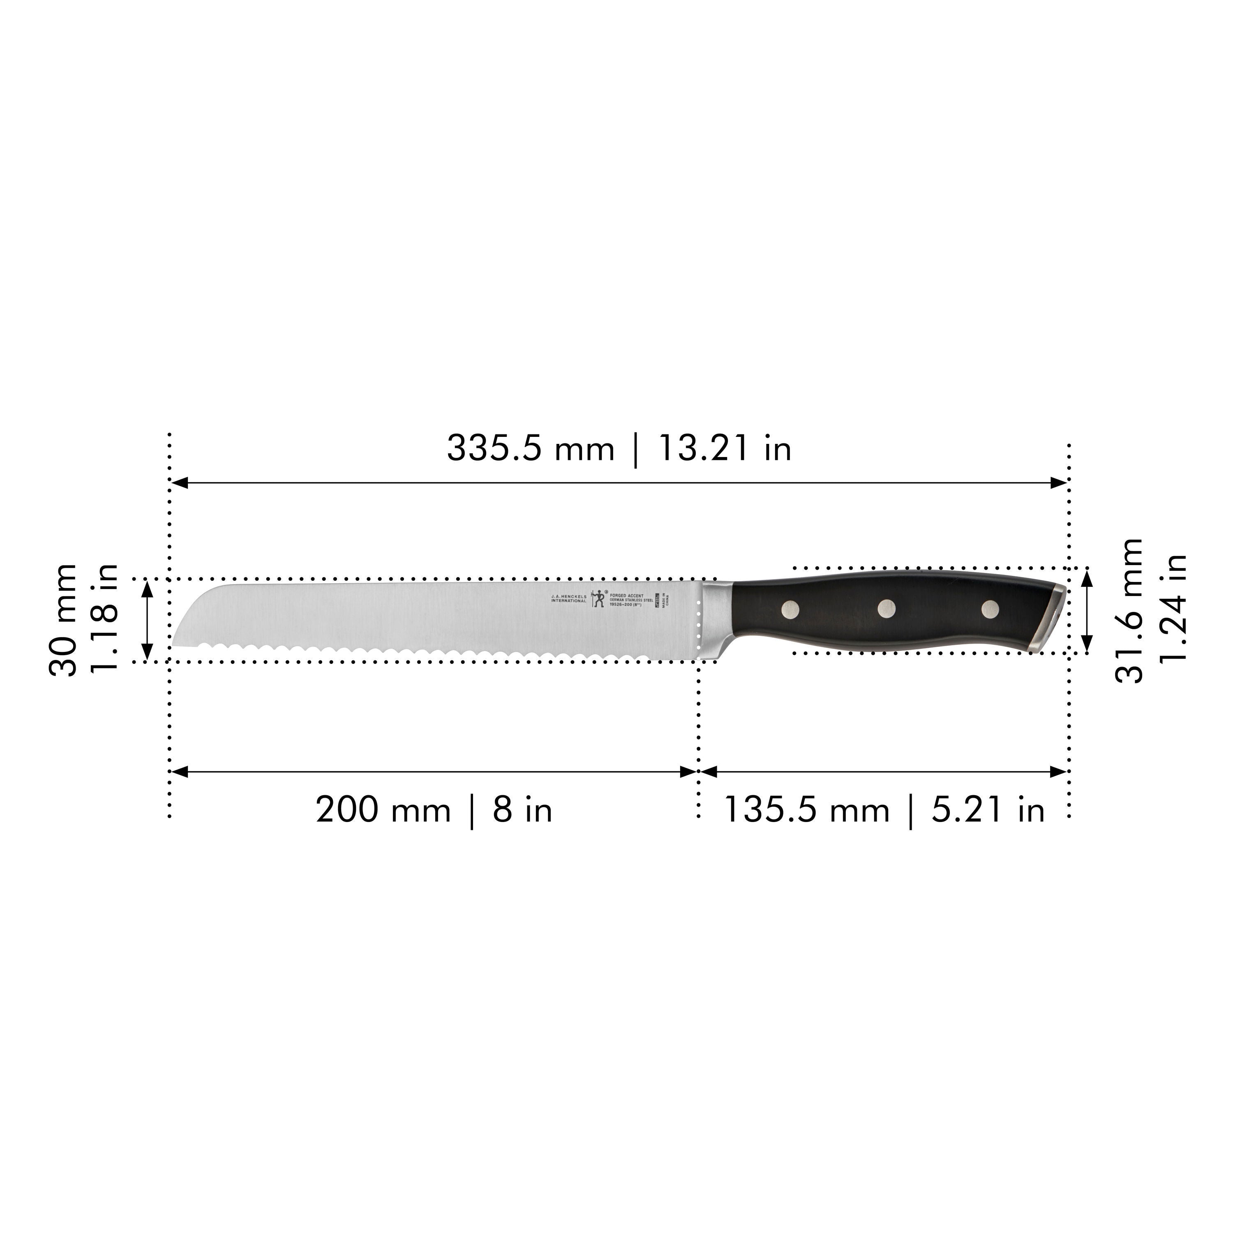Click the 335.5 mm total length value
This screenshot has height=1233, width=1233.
[530, 449]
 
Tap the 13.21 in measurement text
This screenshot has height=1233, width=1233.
[724, 449]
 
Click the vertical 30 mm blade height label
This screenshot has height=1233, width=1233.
[63, 620]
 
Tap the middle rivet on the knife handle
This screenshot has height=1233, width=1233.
[887, 609]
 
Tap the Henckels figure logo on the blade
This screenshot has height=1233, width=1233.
[598, 598]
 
